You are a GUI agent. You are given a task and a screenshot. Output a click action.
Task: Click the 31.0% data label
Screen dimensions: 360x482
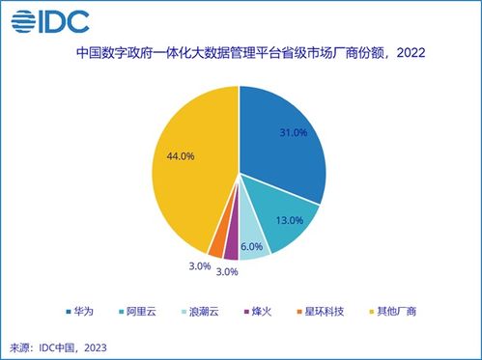(291, 131)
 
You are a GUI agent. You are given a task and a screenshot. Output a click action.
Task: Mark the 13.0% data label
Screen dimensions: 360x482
(290, 220)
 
